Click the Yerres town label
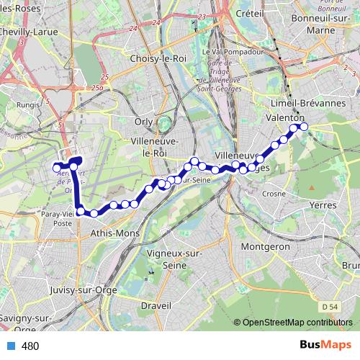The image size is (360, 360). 321,205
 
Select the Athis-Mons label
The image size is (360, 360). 115,234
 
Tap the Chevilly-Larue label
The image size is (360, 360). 29,32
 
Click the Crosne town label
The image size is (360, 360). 274,194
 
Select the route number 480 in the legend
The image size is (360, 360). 30,346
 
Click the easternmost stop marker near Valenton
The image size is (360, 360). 304,127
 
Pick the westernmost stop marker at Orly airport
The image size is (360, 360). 57,168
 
